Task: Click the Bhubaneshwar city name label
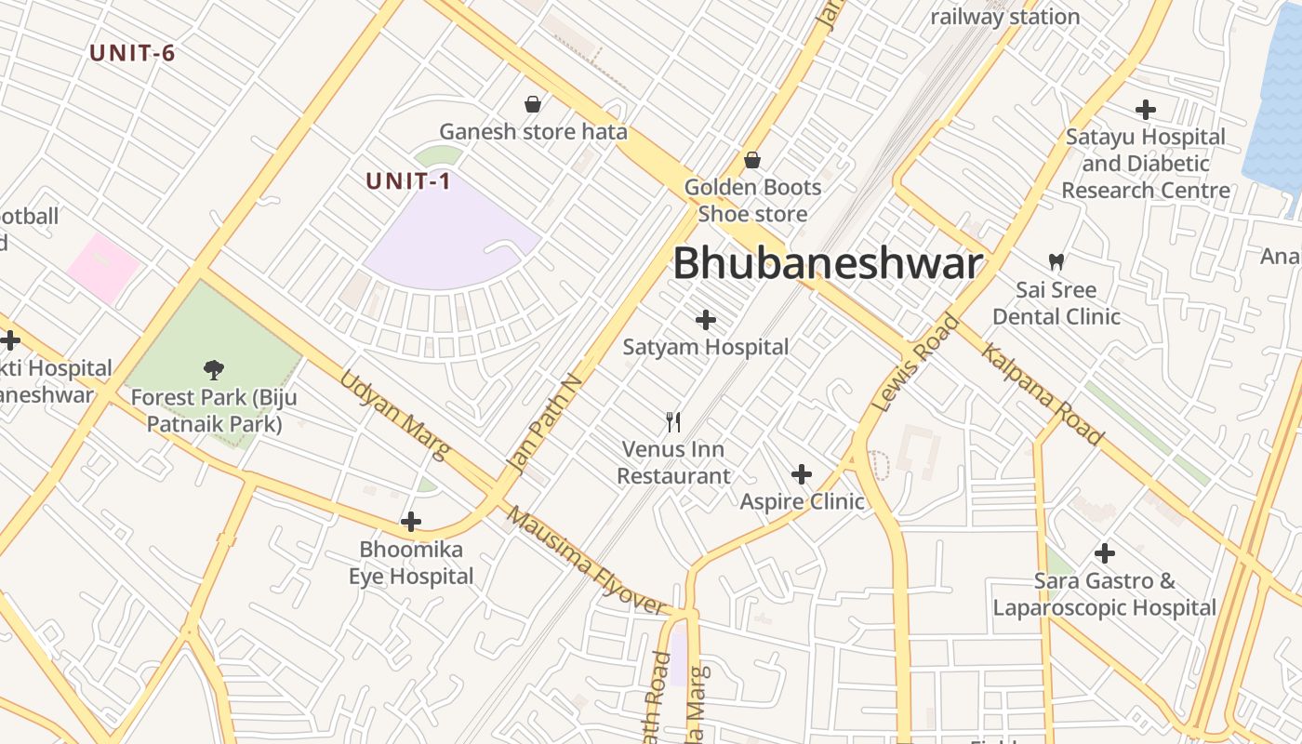(x=827, y=264)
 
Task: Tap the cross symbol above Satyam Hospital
(x=706, y=321)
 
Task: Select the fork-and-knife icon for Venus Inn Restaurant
(x=674, y=422)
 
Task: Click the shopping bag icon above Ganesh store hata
(x=533, y=103)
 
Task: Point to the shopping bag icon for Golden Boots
(x=752, y=160)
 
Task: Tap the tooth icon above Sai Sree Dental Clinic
(x=1056, y=261)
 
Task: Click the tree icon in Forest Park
(x=214, y=369)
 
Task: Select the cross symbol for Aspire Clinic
(x=802, y=475)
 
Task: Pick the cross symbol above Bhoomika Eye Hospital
(x=411, y=522)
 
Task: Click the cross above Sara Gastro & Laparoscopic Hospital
(x=1105, y=554)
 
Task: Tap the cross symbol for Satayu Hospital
(x=1146, y=110)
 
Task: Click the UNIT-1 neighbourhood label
(x=408, y=181)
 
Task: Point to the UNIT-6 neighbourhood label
(x=132, y=53)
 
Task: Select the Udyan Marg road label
(x=394, y=415)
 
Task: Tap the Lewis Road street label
(x=917, y=364)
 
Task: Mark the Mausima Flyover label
(x=587, y=561)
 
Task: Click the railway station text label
(x=1004, y=17)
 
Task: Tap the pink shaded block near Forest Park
(x=101, y=268)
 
